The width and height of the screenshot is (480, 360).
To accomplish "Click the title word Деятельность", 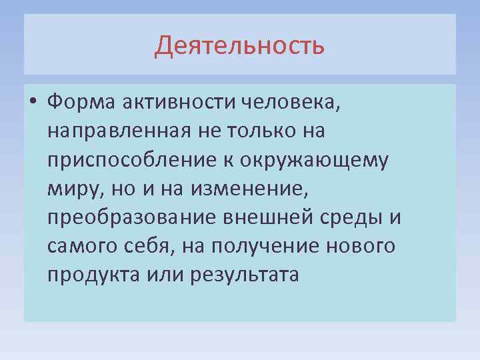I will pyautogui.click(x=240, y=46).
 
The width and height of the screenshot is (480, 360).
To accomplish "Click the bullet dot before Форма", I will pyautogui.click(x=33, y=103).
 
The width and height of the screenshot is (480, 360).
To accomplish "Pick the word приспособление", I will pyautogui.click(x=125, y=160).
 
